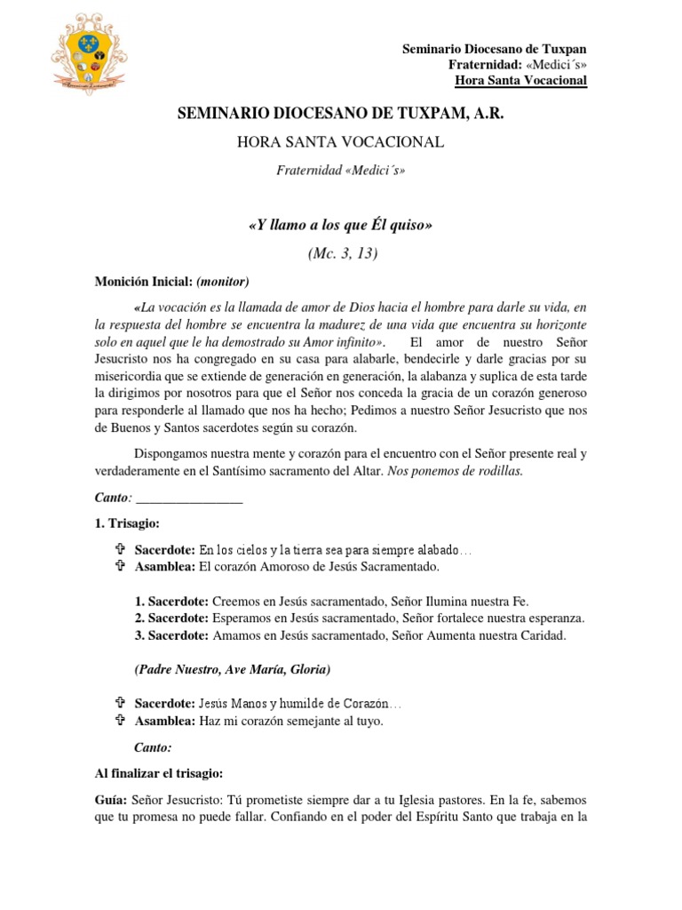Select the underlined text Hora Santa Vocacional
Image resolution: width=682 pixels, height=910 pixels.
coord(520,81)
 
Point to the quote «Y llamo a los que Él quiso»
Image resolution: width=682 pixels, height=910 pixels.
coord(341,226)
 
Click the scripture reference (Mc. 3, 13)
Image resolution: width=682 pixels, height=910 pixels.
coord(341,254)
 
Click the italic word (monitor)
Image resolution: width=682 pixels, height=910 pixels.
coord(216,282)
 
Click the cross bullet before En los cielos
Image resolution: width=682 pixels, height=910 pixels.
coord(121,550)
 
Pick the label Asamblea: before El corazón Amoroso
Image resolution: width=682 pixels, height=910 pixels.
coord(165,566)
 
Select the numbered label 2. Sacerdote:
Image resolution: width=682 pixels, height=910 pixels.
coord(171,618)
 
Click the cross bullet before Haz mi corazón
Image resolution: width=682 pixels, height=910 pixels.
coord(121,721)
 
